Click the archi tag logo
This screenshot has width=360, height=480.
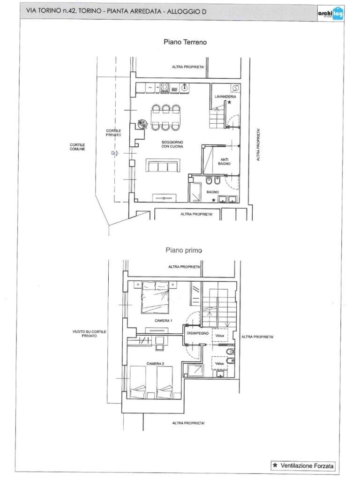click(x=330, y=14)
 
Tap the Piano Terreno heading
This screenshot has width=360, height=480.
click(x=185, y=42)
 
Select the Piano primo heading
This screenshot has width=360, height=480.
click(x=184, y=250)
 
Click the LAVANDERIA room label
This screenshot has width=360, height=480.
click(x=225, y=97)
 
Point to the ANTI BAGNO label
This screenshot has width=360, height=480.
click(x=225, y=162)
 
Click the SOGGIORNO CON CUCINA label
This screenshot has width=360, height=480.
click(x=172, y=144)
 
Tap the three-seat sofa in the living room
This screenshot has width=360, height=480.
click(x=163, y=165)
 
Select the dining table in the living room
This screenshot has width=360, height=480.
click(x=165, y=118)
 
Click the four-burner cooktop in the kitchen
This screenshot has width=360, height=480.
click(x=165, y=88)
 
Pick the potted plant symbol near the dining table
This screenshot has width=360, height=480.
click(x=142, y=124)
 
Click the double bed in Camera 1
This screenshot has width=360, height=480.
click(x=155, y=298)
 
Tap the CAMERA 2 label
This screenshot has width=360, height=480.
click(x=155, y=364)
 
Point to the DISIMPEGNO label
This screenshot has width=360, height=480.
click(x=197, y=333)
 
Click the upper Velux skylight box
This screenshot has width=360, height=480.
click(x=220, y=336)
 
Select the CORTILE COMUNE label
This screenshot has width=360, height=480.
click(x=77, y=147)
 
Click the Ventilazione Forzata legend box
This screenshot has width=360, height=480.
click(x=303, y=465)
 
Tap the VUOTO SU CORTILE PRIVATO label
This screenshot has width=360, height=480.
click(x=89, y=334)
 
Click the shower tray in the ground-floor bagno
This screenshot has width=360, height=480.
click(x=195, y=192)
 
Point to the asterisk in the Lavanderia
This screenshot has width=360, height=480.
click(x=229, y=103)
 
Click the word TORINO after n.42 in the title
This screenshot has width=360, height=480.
click(x=90, y=11)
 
